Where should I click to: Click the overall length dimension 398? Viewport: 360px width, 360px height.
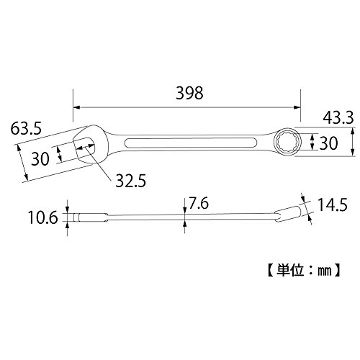point(189,93)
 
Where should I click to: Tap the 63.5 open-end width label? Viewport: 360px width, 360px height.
point(26,128)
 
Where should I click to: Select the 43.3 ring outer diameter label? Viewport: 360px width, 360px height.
point(338,118)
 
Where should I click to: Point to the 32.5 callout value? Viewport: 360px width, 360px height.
point(131,181)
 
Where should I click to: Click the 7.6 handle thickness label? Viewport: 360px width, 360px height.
point(199,203)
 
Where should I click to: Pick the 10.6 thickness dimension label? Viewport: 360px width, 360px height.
point(43,217)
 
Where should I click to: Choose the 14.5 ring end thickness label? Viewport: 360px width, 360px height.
point(333,205)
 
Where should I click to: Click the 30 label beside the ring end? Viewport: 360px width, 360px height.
point(328,143)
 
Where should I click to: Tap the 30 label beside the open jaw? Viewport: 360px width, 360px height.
point(40,159)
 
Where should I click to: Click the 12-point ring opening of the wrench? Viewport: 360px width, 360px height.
point(287,143)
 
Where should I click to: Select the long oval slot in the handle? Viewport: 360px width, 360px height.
point(191,143)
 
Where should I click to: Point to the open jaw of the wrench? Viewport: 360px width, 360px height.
point(84,147)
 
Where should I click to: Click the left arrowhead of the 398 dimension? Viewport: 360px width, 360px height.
point(76,107)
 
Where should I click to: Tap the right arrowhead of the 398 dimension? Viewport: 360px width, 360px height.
point(297,107)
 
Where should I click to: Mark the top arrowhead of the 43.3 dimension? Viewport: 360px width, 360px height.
point(352,131)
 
